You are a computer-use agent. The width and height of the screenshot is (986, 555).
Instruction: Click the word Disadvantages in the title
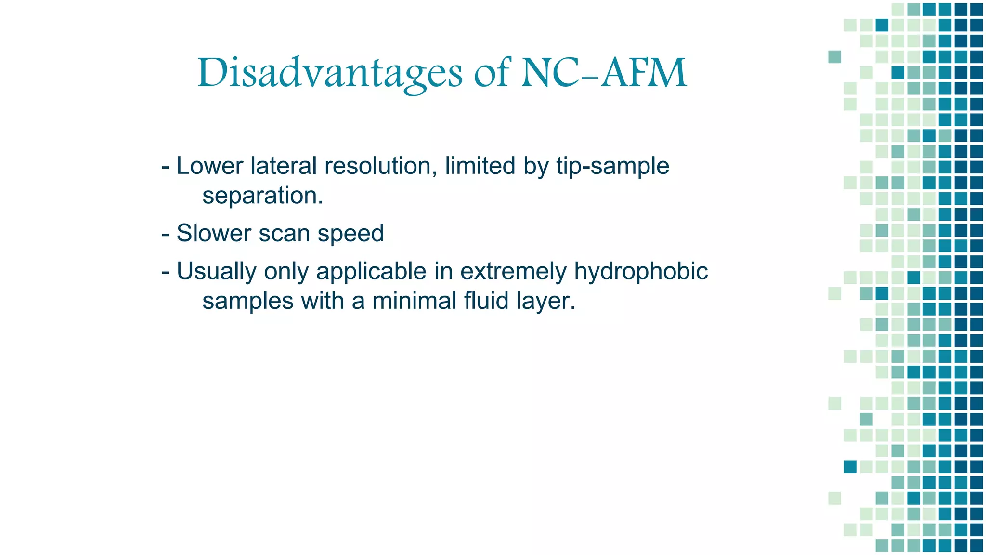click(330, 73)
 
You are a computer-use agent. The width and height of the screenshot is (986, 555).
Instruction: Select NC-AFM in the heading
click(604, 73)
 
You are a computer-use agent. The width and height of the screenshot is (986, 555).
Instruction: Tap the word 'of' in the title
click(492, 73)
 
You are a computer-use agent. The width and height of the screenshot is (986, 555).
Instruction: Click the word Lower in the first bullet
click(210, 166)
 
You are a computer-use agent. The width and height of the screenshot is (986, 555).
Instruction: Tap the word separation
click(262, 196)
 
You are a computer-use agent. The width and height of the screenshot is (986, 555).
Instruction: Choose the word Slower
click(213, 233)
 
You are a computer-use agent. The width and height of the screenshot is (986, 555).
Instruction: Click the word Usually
click(216, 271)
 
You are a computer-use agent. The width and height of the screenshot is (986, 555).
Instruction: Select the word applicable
click(371, 271)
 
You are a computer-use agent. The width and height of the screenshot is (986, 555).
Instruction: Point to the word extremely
click(513, 271)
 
